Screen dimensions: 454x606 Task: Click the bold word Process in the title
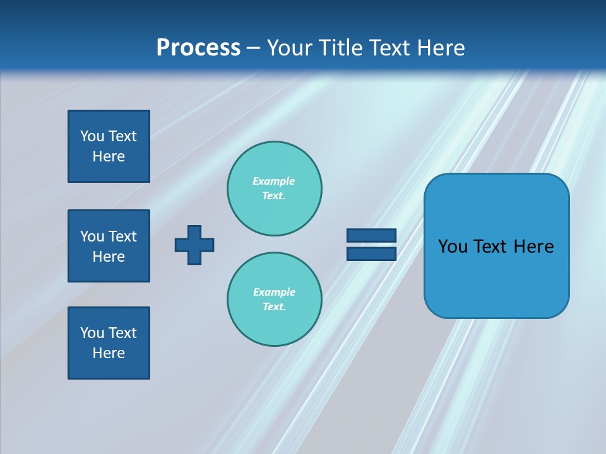click(x=198, y=48)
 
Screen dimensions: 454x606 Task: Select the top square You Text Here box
click(x=109, y=146)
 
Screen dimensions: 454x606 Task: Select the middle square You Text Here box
click(x=109, y=246)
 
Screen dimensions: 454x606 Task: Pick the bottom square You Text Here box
click(x=109, y=343)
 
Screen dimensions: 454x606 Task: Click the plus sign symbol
click(x=194, y=245)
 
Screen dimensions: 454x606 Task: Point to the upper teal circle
click(x=275, y=188)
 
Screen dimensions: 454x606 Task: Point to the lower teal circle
click(x=275, y=299)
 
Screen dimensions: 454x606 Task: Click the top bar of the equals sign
click(x=371, y=236)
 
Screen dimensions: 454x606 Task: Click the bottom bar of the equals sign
click(x=371, y=253)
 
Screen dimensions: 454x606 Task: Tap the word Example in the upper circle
click(x=273, y=181)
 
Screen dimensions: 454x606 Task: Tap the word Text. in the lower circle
click(x=274, y=306)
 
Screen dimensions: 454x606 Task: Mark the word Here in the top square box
click(x=109, y=156)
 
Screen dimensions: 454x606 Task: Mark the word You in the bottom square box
click(x=92, y=333)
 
